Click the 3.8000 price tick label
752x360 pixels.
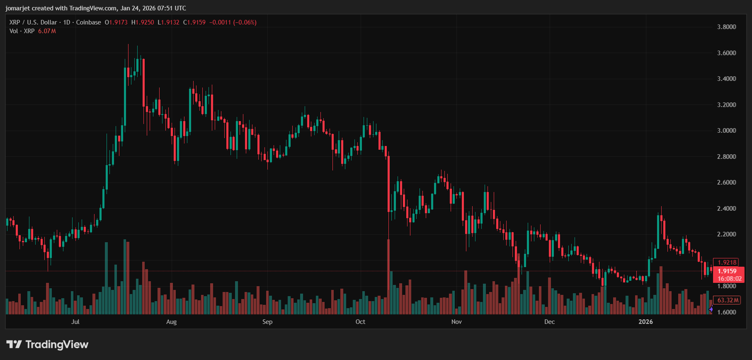click(726, 27)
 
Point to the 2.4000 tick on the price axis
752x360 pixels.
click(726, 209)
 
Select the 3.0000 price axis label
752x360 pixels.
click(726, 131)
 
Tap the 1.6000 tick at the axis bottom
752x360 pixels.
click(726, 312)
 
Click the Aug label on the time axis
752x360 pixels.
click(171, 322)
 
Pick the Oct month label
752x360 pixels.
click(360, 322)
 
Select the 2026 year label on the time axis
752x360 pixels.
click(645, 322)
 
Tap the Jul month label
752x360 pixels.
click(75, 322)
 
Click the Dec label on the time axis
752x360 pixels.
click(549, 322)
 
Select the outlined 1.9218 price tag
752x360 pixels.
click(727, 263)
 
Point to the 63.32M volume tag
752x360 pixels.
click(728, 300)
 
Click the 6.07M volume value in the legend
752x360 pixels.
click(47, 31)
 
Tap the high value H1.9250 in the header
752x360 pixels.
click(143, 22)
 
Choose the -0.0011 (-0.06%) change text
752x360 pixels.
click(233, 22)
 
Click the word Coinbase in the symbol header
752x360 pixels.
click(88, 22)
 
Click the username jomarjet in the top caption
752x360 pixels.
click(17, 8)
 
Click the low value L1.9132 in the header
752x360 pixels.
click(168, 22)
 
